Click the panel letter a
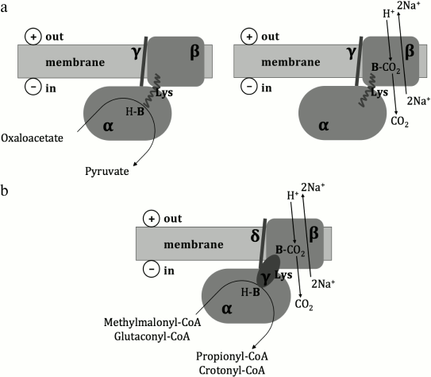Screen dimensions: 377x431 click(5, 7)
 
